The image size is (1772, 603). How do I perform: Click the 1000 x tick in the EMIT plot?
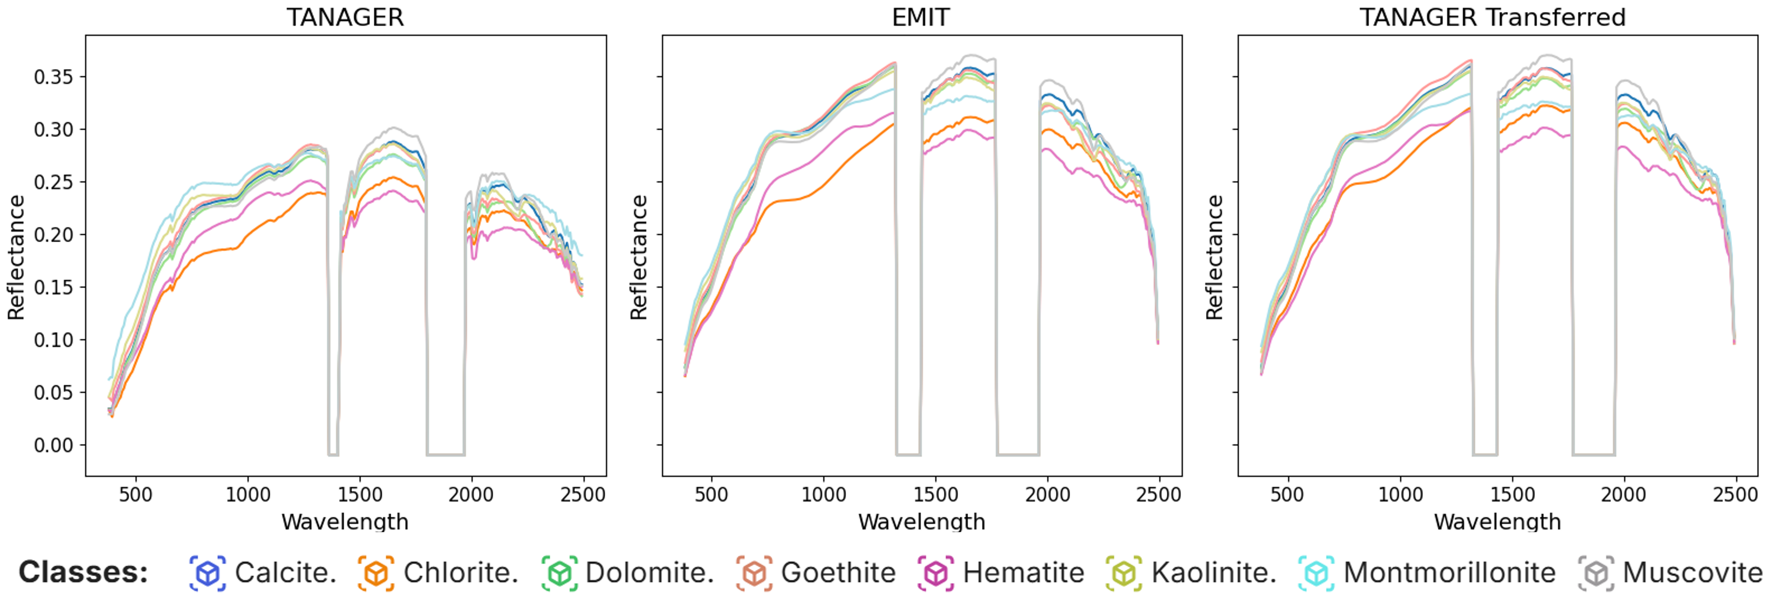coord(823,494)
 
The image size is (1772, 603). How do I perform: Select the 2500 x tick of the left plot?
coord(583,494)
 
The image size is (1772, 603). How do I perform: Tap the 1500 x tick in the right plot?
coord(1512,494)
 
